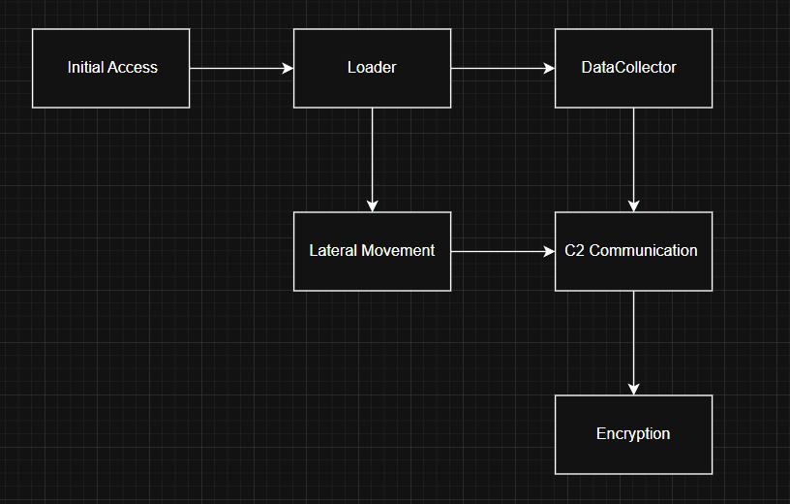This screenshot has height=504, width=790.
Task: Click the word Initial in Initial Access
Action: click(x=85, y=68)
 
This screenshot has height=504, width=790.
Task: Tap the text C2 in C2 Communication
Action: click(x=574, y=251)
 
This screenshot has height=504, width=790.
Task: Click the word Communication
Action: click(x=643, y=251)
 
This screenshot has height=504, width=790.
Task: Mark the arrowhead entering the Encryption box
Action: click(x=633, y=389)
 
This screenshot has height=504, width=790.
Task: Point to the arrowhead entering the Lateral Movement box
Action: click(x=372, y=205)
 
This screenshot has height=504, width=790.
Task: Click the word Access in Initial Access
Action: click(x=133, y=68)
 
